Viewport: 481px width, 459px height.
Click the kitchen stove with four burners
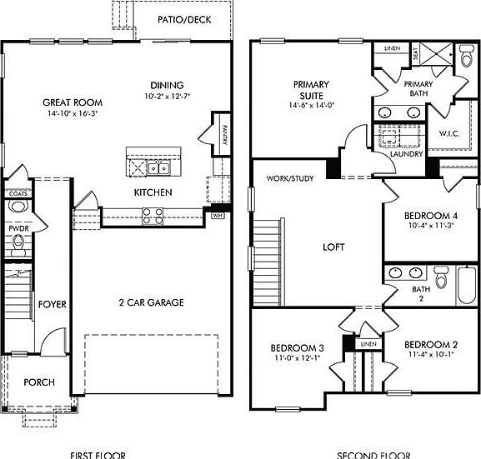(153, 216)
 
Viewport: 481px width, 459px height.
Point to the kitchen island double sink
(159, 168)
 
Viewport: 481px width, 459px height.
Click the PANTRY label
(224, 132)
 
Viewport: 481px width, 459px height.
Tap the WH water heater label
(218, 216)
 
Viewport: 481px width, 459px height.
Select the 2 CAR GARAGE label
(152, 302)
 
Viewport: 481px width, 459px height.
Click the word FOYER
(52, 305)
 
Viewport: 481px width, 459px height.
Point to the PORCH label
(39, 382)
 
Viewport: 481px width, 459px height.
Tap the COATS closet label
(18, 194)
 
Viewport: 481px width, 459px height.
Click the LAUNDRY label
(405, 153)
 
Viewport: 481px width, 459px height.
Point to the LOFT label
(333, 247)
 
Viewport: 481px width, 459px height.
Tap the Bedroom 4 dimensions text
(430, 225)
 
